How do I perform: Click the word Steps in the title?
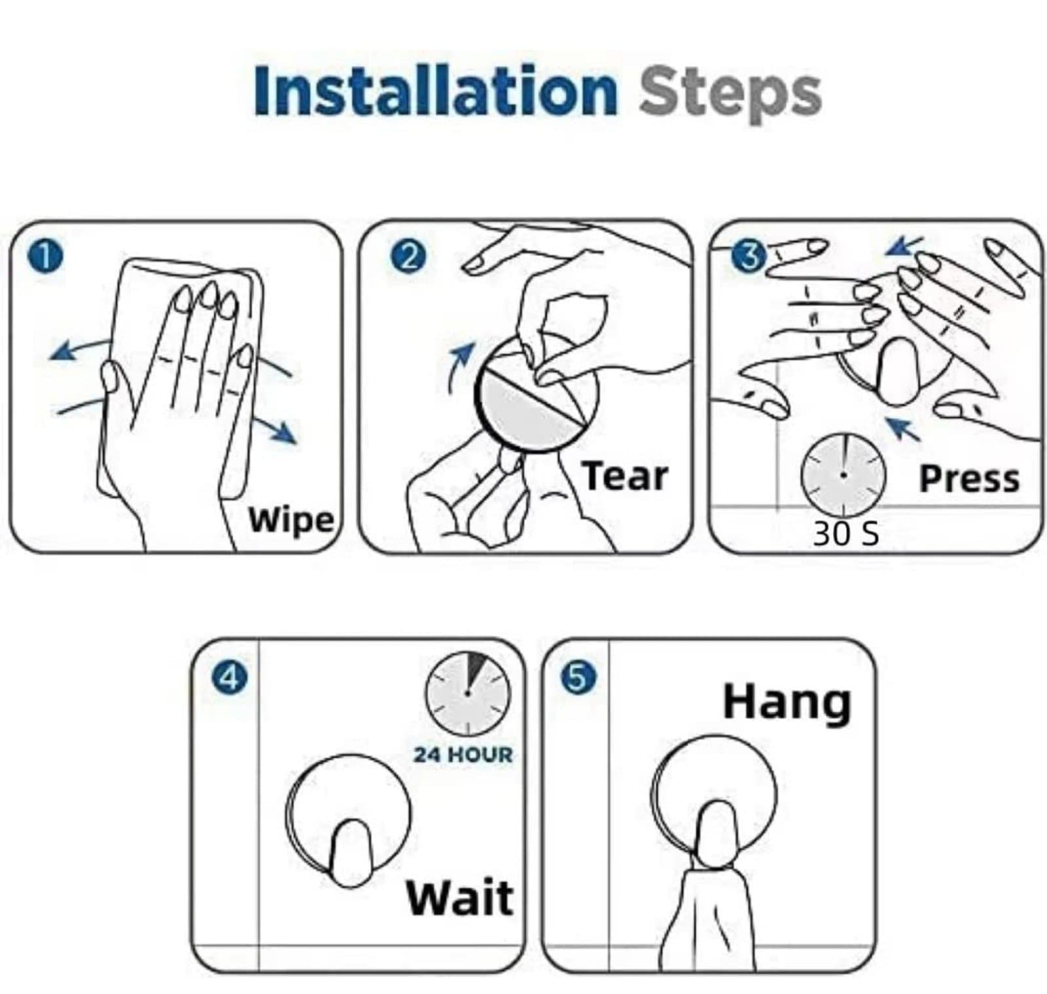pos(730,95)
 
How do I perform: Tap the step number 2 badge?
pos(408,258)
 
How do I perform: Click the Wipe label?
pos(291,522)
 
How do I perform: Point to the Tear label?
pos(626,476)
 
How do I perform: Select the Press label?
pos(969,478)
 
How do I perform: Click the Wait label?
pos(460,897)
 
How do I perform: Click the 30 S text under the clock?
pos(845,534)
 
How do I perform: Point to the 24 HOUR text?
pos(463,754)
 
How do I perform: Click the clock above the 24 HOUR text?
pos(468,693)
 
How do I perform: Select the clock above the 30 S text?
pos(843,473)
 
